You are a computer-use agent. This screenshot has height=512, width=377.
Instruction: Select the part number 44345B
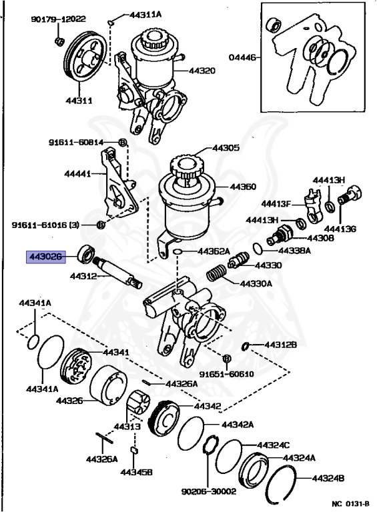[137, 472]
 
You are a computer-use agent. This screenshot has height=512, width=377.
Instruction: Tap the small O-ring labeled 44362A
[177, 252]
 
